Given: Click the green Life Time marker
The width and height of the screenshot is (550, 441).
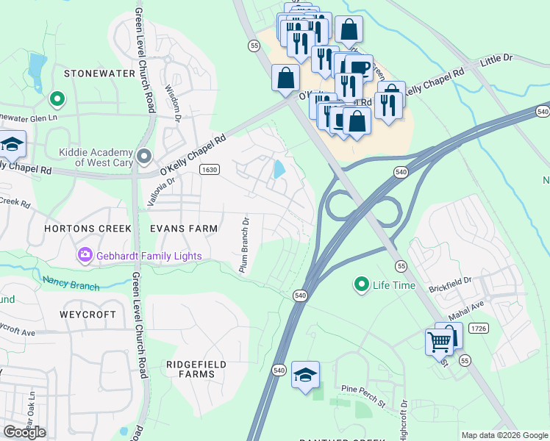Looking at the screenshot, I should click(x=361, y=284).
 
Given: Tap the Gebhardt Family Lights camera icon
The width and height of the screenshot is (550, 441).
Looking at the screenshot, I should click(x=85, y=255).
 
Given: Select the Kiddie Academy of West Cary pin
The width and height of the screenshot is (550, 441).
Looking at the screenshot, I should click(x=144, y=156).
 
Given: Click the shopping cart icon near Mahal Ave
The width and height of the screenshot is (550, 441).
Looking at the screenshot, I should click(x=439, y=342).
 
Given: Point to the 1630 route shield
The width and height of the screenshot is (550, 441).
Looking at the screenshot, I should click(x=210, y=170).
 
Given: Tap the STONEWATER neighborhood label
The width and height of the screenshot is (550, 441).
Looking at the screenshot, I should click(x=100, y=73).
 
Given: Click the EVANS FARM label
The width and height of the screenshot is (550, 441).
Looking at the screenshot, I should click(x=184, y=229).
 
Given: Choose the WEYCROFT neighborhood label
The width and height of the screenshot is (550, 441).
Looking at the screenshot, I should click(x=88, y=314).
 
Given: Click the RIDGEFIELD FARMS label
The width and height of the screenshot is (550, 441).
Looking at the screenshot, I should click(x=190, y=368).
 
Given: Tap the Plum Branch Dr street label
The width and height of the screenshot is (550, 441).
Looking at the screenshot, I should click(x=245, y=244).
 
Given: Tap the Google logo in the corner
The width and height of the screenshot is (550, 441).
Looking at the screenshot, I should click(x=24, y=431).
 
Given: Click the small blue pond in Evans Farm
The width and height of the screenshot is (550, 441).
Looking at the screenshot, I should click(x=279, y=170).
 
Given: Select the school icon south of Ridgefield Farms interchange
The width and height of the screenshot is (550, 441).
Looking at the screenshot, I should click(x=305, y=375).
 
